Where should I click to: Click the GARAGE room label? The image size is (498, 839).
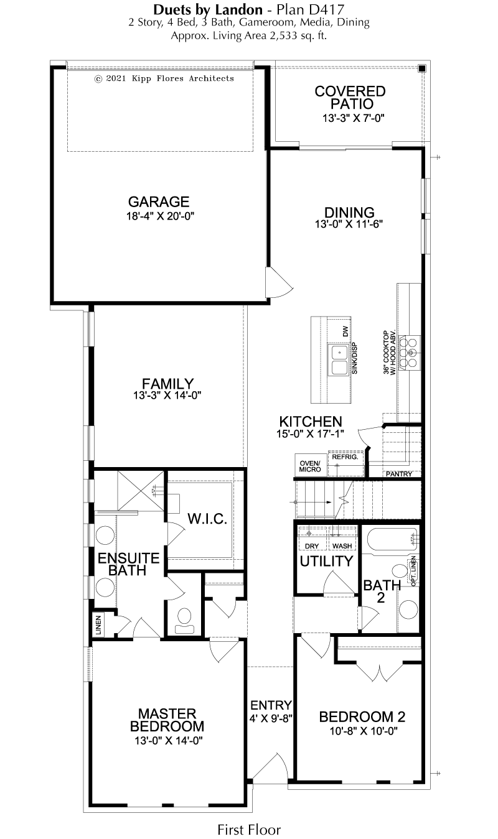pyautogui.click(x=159, y=202)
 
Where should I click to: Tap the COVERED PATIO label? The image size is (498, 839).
pyautogui.click(x=350, y=98)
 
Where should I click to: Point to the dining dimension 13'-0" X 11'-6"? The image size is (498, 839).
pyautogui.click(x=349, y=224)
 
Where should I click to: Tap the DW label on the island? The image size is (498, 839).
pyautogui.click(x=345, y=331)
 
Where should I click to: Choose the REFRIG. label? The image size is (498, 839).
pyautogui.click(x=345, y=457)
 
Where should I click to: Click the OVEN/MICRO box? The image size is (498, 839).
pyautogui.click(x=310, y=465)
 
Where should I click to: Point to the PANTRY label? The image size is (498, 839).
pyautogui.click(x=399, y=474)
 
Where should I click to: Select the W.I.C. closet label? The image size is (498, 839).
pyautogui.click(x=207, y=519)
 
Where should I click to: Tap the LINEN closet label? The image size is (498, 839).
pyautogui.click(x=98, y=626)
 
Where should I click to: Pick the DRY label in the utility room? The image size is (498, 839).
pyautogui.click(x=312, y=546)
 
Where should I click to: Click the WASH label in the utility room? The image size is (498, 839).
pyautogui.click(x=342, y=546)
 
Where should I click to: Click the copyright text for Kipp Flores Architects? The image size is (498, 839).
pyautogui.click(x=164, y=78)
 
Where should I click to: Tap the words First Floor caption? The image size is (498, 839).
pyautogui.click(x=249, y=830)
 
